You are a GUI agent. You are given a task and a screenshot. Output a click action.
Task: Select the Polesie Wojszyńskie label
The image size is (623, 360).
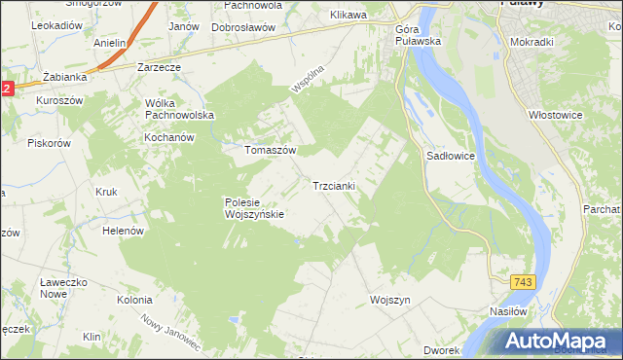(253, 208)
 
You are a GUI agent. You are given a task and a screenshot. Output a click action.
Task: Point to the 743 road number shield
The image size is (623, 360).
(523, 281)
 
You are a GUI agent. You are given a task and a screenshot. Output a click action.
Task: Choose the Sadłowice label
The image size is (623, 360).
(450, 156)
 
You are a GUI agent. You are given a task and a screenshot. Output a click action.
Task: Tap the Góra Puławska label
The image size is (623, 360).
(420, 35)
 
